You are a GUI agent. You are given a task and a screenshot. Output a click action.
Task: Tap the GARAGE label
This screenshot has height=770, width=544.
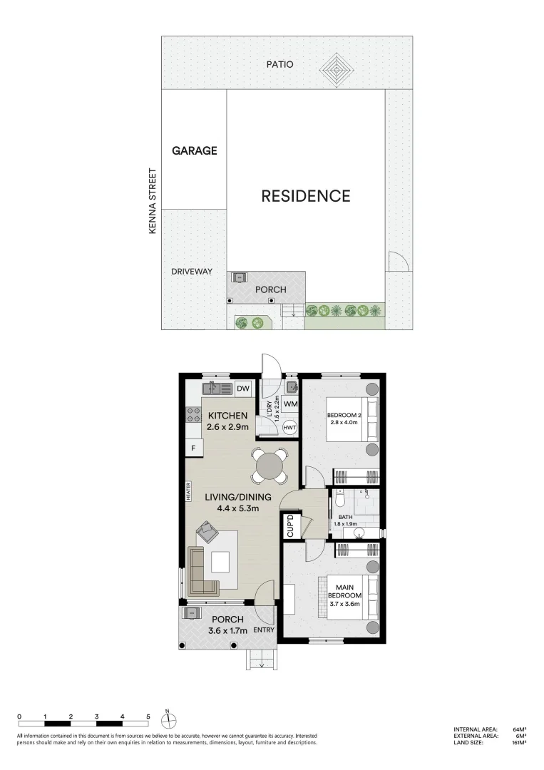pos(194,151)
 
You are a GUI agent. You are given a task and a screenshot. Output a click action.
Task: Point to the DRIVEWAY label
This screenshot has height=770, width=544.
pos(192,272)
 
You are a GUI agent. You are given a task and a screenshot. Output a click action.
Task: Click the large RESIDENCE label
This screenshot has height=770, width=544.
pos(305,196)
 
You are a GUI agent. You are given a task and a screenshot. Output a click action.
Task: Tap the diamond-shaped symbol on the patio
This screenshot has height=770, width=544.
pos(337,69)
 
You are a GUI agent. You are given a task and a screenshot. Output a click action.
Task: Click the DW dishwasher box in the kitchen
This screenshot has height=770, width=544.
pos(243,389)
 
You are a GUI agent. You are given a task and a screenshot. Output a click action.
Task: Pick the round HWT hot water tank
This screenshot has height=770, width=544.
pos(289,427)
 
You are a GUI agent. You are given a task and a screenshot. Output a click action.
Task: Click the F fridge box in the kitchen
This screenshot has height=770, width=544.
pos(193,448)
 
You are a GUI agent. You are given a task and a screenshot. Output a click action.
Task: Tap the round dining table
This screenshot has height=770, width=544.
pos(271,466)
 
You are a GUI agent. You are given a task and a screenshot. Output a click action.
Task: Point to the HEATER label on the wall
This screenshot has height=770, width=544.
pos(189,492)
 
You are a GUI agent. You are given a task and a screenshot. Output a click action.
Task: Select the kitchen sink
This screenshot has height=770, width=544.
pos(214,389)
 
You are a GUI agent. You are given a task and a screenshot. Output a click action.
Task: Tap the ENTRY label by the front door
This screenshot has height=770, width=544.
pos(263,630)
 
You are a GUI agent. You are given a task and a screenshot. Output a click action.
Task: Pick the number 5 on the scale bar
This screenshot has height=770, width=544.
pos(148,716)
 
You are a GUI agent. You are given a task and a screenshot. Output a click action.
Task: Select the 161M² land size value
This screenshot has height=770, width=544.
pos(518,743)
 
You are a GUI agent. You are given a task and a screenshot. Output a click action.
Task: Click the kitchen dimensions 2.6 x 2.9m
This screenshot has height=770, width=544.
pos(227,427)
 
